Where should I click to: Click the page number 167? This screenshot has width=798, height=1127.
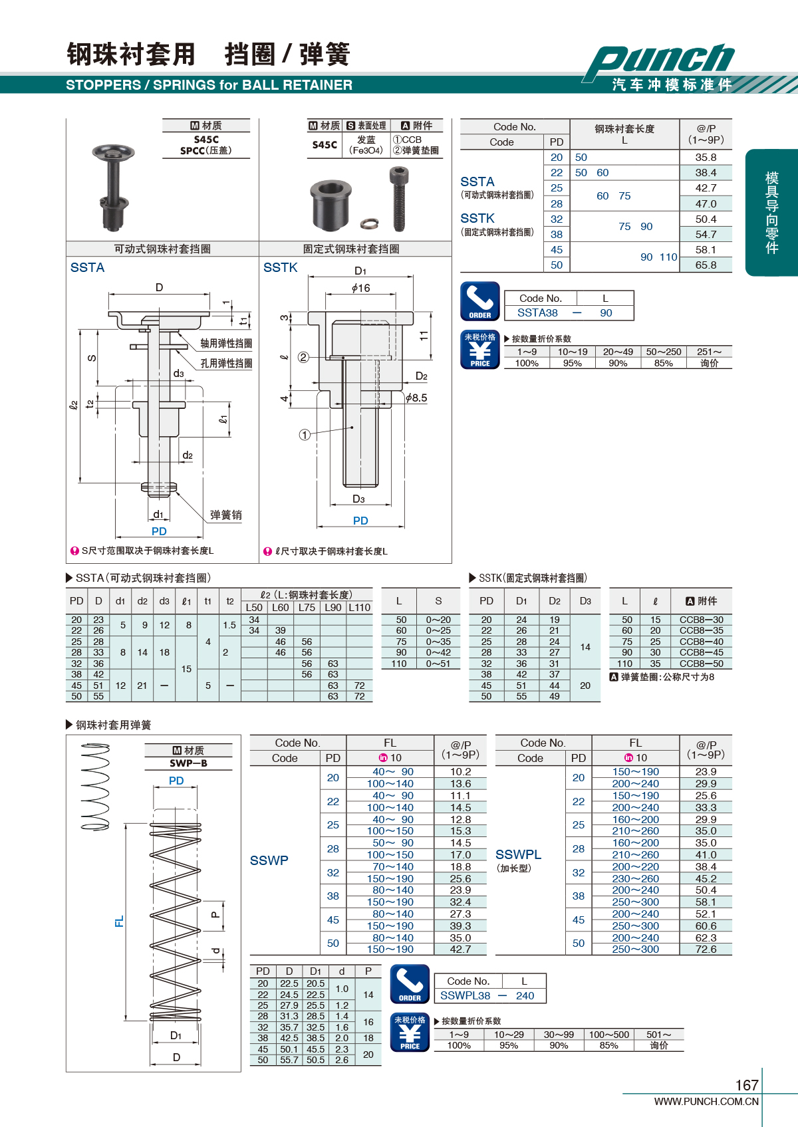coord(746,1085)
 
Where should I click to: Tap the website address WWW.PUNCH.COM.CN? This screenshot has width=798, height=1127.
coord(706,1102)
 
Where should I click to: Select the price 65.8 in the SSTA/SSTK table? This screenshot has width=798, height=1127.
coord(706,265)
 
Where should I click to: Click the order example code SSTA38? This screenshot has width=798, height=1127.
coord(537,313)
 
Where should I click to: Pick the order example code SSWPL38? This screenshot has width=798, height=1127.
coord(465,995)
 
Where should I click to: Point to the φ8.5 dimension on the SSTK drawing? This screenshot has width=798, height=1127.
coord(416,398)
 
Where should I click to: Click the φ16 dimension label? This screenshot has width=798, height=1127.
coord(361,288)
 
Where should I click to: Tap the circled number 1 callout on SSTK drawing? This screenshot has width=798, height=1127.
coord(305,435)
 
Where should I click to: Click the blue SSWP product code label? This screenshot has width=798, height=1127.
coord(269,860)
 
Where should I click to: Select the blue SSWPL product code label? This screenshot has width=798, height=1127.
coord(518,854)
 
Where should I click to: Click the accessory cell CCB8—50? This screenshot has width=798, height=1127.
coord(701,664)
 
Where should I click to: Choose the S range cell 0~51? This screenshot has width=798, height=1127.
coord(438,664)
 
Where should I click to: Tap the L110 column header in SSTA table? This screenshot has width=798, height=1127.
coord(359,607)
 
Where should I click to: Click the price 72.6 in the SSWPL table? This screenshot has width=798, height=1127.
coord(706,949)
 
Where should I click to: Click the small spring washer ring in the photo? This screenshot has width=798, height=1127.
coord(368,224)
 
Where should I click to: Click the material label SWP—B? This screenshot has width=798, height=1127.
coord(188,763)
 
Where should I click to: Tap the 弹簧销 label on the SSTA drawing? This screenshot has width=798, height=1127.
coord(225,515)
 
